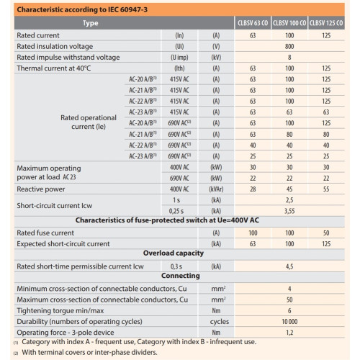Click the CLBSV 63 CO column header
pyautogui.click(x=253, y=23)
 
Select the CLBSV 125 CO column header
pyautogui.click(x=326, y=23)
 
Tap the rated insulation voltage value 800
pyautogui.click(x=289, y=46)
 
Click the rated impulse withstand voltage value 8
pyautogui.click(x=289, y=58)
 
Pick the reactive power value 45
pyautogui.click(x=289, y=189)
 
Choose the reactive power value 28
pyautogui.click(x=253, y=189)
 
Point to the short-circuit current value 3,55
pyautogui.click(x=289, y=211)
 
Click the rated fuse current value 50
pyautogui.click(x=326, y=233)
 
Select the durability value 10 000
pyautogui.click(x=289, y=322)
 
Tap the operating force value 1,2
pyautogui.click(x=289, y=333)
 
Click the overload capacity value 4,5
pyautogui.click(x=289, y=266)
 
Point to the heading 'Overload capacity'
pyautogui.click(x=174, y=253)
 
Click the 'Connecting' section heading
pyautogui.click(x=181, y=276)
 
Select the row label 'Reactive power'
pyautogui.click(x=41, y=189)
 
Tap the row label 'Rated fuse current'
pyautogui.click(x=45, y=233)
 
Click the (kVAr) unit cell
pyautogui.click(x=216, y=189)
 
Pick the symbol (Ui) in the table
pyautogui.click(x=179, y=46)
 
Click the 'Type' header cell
pyautogui.click(x=91, y=23)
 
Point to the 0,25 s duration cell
pyautogui.click(x=176, y=211)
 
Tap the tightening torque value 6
pyautogui.click(x=289, y=311)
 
